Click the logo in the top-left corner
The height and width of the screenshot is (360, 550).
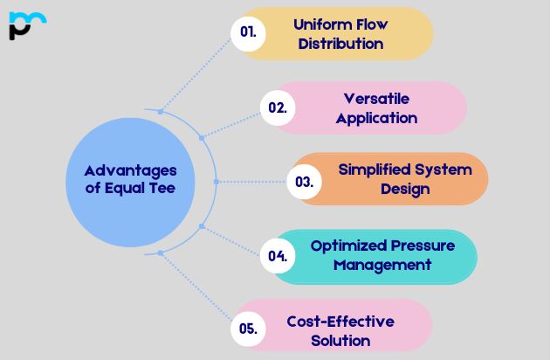pyautogui.click(x=27, y=25)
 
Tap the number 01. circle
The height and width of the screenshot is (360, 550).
pyautogui.click(x=248, y=34)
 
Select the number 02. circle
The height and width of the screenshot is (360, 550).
pyautogui.click(x=278, y=107)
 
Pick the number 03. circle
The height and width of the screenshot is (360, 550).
pyautogui.click(x=304, y=182)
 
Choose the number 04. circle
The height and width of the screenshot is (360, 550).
pyautogui.click(x=278, y=256)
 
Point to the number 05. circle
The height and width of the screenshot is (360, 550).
pyautogui.click(x=248, y=329)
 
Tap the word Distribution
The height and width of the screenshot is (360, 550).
pyautogui.click(x=340, y=44)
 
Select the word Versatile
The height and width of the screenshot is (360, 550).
pyautogui.click(x=376, y=99)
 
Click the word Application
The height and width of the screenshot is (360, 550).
pyautogui.click(x=376, y=118)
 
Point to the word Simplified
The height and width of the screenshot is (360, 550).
pyautogui.click(x=375, y=170)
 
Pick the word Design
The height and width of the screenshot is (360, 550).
pyautogui.click(x=405, y=189)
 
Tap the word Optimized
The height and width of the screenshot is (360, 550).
pyautogui.click(x=347, y=246)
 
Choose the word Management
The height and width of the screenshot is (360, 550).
pyautogui.click(x=382, y=265)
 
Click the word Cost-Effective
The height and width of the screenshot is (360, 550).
pyautogui.click(x=340, y=322)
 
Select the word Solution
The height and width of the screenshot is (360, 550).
pyautogui.click(x=340, y=341)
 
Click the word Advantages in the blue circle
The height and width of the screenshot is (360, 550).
pyautogui.click(x=130, y=171)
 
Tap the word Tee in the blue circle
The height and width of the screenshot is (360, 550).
pyautogui.click(x=162, y=188)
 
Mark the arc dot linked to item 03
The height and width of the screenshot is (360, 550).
pyautogui.click(x=217, y=182)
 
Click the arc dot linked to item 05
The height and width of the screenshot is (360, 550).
pyautogui.click(x=161, y=253)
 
